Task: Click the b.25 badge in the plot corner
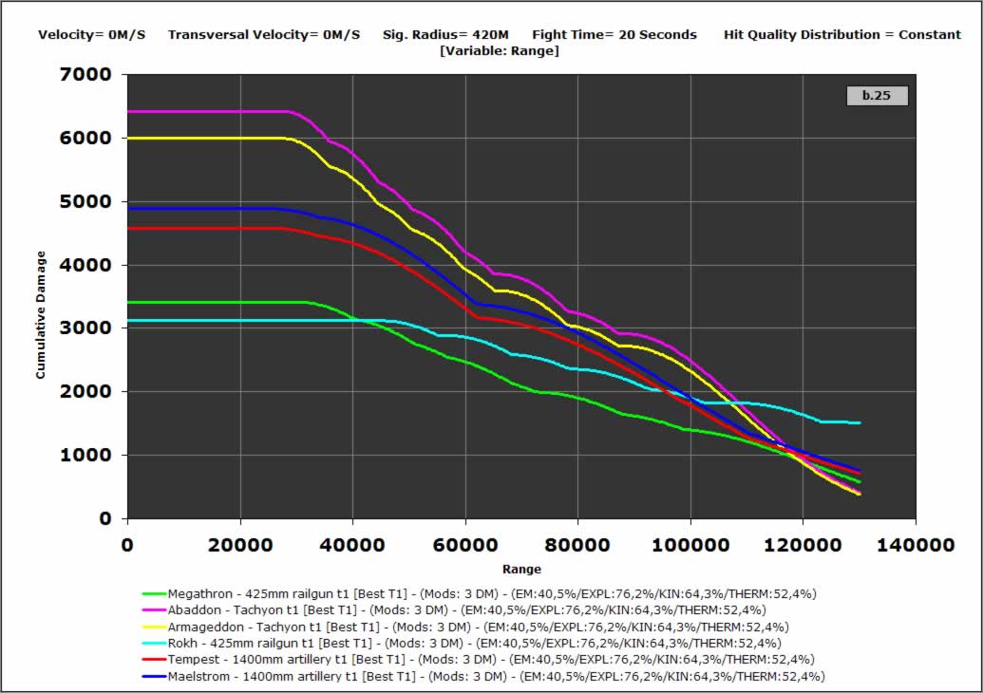coord(876,95)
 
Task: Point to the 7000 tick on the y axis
coord(86,74)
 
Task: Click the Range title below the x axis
coord(521,570)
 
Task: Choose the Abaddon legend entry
coord(466,609)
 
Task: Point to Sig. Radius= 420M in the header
coord(445,34)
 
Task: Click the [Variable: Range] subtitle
coord(500,50)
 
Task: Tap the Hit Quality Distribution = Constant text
coord(842,34)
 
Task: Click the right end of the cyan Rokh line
coord(860,422)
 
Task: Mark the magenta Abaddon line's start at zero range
coord(129,111)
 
